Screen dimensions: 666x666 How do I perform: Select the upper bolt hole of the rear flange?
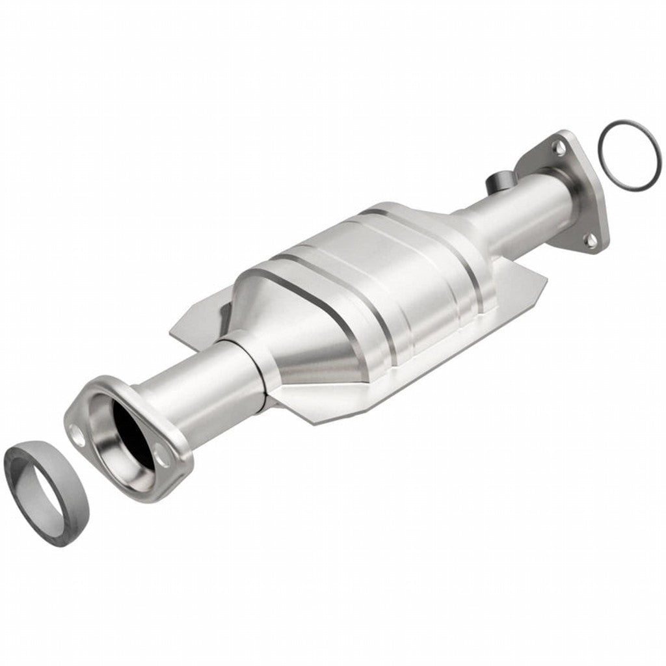(x=558, y=147)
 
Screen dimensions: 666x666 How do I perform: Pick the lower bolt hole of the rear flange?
(x=591, y=241)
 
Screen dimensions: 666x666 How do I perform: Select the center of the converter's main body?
(x=371, y=286)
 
